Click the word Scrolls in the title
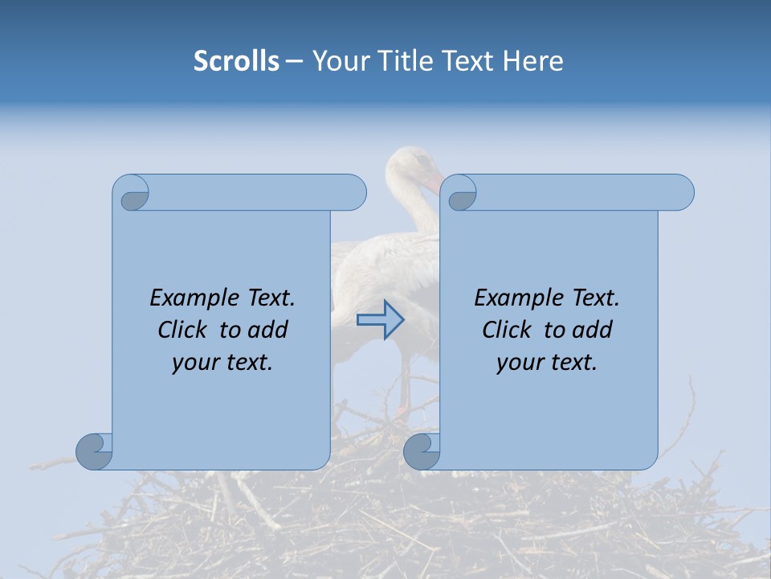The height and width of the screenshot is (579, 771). click(236, 61)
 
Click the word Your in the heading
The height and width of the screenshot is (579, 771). click(337, 61)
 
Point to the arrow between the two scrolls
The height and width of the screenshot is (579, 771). click(381, 319)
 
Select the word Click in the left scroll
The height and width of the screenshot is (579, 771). click(184, 330)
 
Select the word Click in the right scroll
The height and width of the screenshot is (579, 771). click(508, 330)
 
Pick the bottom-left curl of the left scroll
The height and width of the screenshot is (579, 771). click(93, 450)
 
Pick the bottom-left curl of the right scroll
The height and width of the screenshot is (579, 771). click(421, 450)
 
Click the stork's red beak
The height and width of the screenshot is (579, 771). click(434, 186)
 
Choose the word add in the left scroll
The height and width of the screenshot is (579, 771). click(268, 330)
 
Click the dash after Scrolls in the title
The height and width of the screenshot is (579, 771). click(294, 62)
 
